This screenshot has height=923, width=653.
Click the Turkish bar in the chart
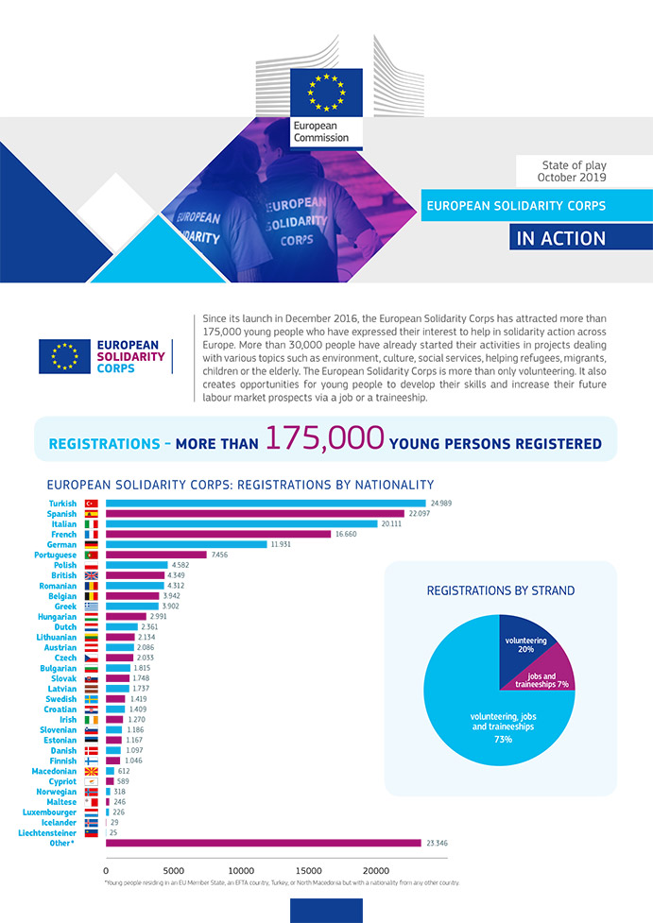click(x=266, y=503)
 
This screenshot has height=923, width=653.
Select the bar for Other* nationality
click(x=263, y=843)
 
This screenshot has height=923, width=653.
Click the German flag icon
click(x=92, y=544)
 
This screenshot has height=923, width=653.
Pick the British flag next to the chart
click(x=92, y=575)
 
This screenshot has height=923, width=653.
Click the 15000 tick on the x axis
click(x=309, y=869)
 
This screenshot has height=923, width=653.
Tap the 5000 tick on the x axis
click(x=173, y=869)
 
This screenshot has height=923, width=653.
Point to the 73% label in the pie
click(x=502, y=739)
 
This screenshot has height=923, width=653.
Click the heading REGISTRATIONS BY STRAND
click(x=500, y=590)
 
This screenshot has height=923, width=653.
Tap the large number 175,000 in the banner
click(x=324, y=438)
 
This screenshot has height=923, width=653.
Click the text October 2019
click(x=572, y=177)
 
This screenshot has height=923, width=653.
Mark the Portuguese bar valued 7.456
click(x=156, y=555)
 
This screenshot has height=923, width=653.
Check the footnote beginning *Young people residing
click(x=282, y=882)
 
